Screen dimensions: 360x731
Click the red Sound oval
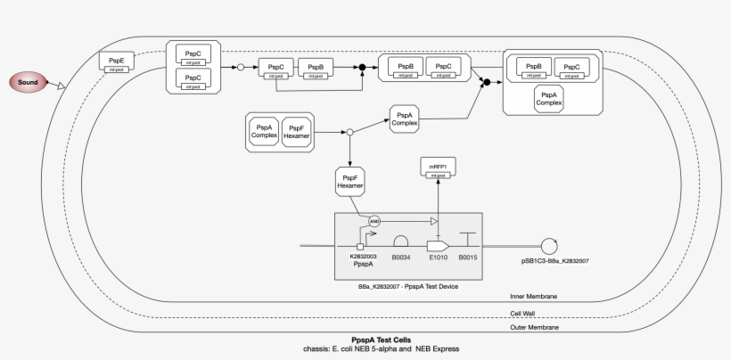(29, 83)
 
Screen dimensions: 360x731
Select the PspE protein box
(117, 63)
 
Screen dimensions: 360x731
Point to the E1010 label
(437, 257)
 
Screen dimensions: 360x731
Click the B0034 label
(402, 257)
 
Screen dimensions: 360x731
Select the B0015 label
(469, 257)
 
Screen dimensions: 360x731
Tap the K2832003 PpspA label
(363, 260)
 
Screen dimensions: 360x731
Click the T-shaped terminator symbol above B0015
(469, 240)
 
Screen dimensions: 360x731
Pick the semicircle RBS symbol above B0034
(402, 241)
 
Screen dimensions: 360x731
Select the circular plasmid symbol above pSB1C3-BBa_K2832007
(550, 245)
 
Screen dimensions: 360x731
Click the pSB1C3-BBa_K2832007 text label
(554, 261)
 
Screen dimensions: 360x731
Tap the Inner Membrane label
(534, 296)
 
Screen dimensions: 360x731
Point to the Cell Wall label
(523, 313)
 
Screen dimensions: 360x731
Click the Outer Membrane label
(534, 328)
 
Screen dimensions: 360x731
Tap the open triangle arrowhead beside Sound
(62, 86)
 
